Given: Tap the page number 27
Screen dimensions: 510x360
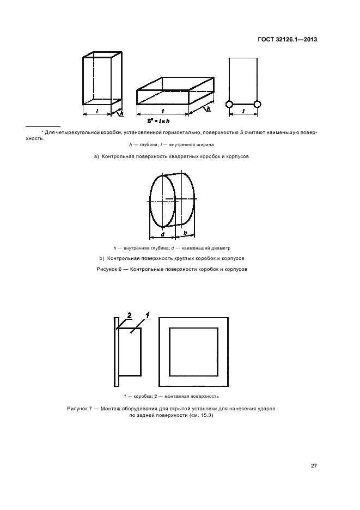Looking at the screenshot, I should (x=314, y=465).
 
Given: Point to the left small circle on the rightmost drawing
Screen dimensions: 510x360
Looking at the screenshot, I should (x=229, y=104).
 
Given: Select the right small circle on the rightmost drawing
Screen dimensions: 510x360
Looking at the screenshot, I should (x=257, y=104).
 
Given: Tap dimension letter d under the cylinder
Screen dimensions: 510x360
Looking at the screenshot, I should (x=163, y=235).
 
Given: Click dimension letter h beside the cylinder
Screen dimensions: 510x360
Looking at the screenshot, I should (x=185, y=233).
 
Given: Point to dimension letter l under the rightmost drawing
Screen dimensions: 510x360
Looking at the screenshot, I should (x=243, y=111).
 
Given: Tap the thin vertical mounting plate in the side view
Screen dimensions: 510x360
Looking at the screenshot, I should (x=116, y=352).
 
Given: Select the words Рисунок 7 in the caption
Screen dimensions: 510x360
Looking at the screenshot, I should (x=80, y=408).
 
